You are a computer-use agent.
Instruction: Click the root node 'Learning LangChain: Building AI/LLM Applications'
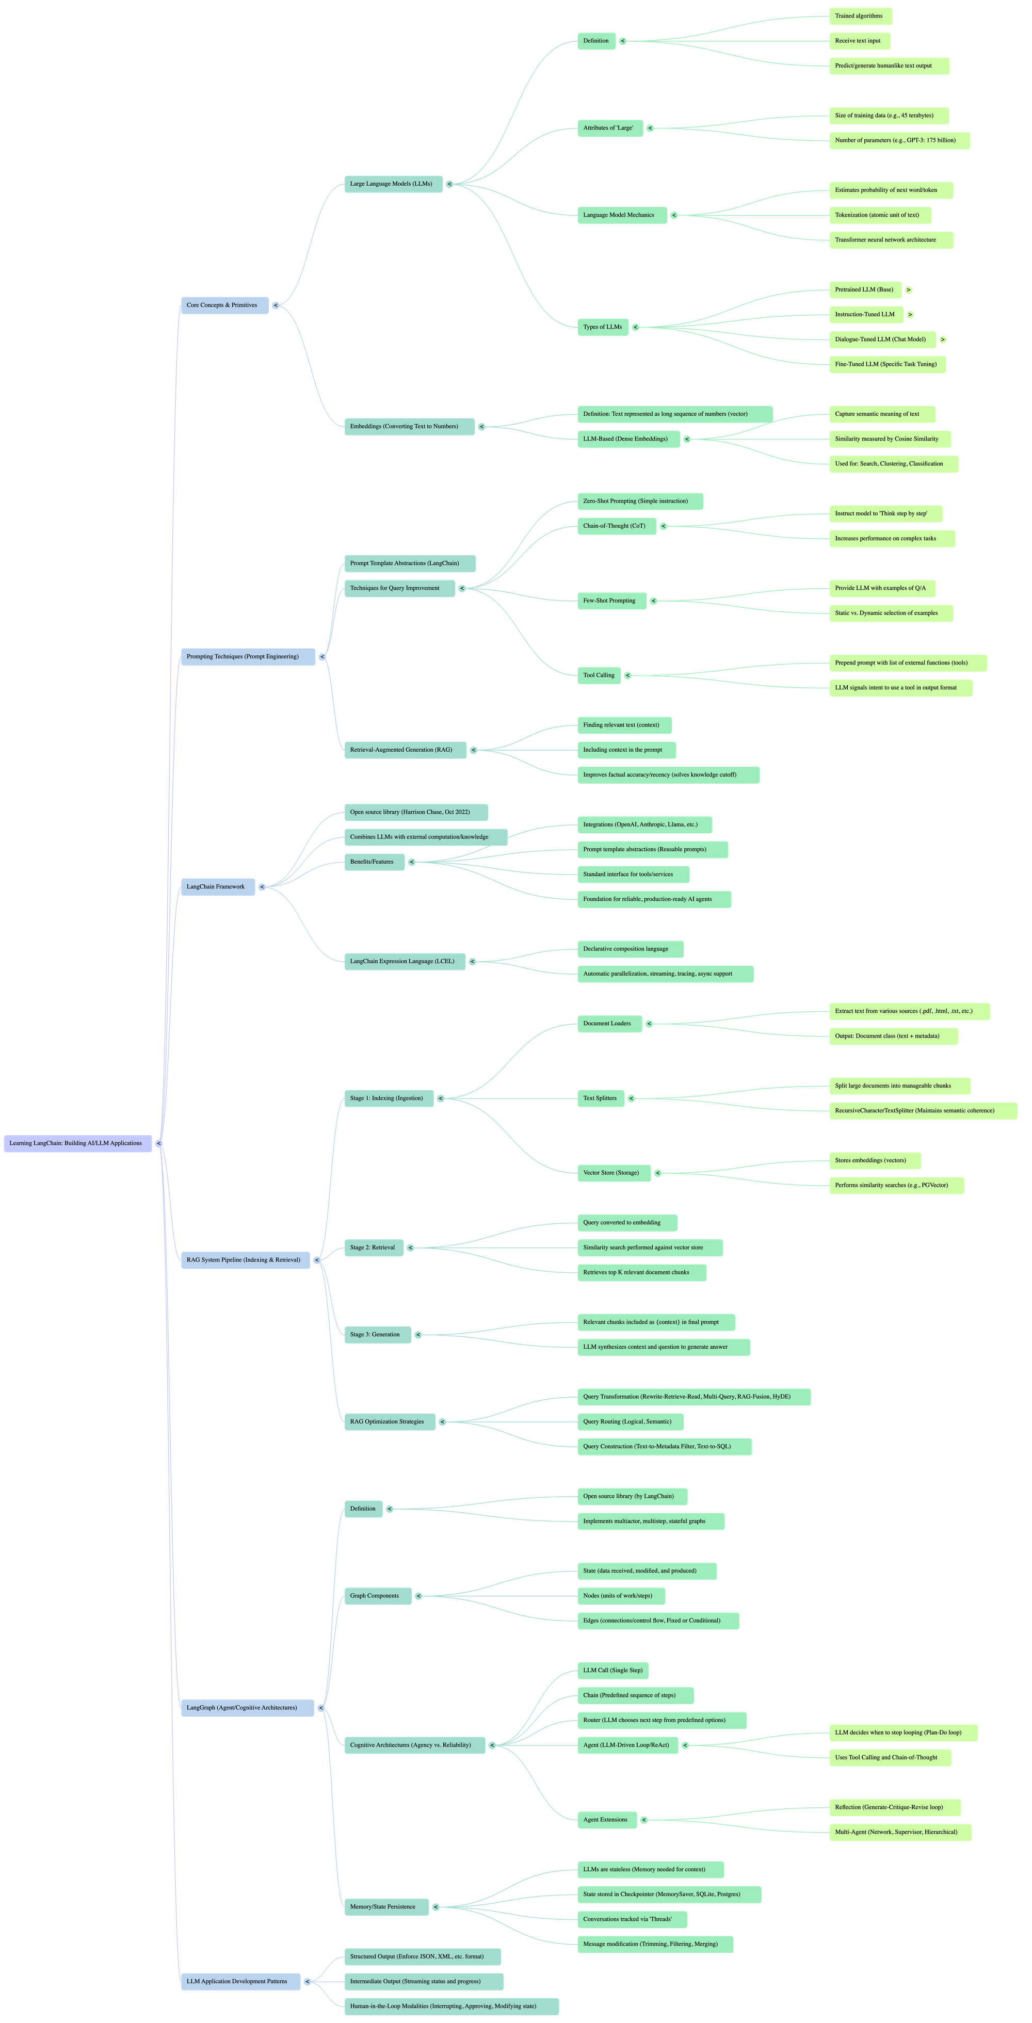[x=76, y=1143]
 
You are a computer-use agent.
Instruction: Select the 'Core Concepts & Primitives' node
[x=223, y=305]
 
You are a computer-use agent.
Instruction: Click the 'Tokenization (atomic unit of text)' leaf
[x=879, y=215]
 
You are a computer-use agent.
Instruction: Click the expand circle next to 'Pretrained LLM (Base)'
[x=909, y=290]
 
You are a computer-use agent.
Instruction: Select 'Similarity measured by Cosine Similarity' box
[x=888, y=440]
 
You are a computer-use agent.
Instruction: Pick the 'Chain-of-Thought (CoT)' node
[x=615, y=526]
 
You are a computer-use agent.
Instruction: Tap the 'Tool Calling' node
[x=599, y=675]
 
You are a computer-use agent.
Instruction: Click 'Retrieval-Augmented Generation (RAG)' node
[x=402, y=750]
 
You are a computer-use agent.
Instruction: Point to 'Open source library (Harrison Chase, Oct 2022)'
[x=415, y=813]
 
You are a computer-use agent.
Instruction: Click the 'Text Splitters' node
[x=600, y=1098]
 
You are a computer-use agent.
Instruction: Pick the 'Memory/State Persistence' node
[x=385, y=1907]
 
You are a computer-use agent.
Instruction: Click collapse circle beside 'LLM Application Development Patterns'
[x=307, y=1981]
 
